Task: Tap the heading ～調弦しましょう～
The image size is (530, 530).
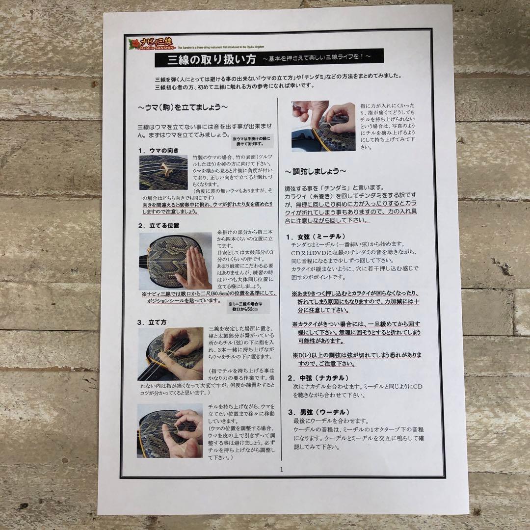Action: click(316, 171)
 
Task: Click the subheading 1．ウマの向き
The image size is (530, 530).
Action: click(158, 150)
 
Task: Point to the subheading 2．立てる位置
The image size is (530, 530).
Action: click(158, 226)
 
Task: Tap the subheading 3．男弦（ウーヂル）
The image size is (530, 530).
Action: click(318, 412)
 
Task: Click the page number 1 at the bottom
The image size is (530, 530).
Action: click(282, 469)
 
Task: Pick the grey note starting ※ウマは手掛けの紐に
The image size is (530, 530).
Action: click(252, 142)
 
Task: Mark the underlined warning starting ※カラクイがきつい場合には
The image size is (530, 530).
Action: click(356, 333)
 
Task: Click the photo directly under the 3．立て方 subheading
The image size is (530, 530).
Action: click(171, 354)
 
